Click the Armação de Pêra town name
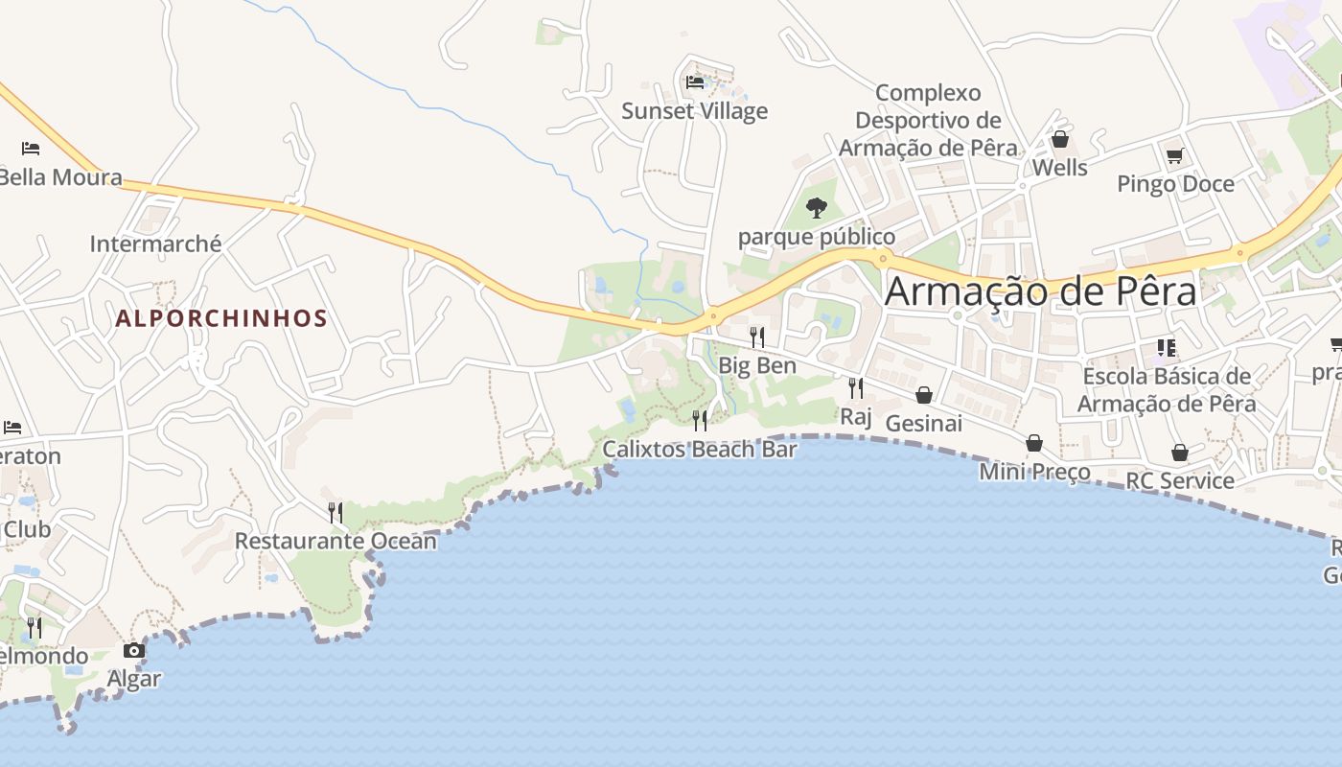(x=1040, y=291)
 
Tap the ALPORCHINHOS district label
(x=221, y=318)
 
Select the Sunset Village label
(x=695, y=111)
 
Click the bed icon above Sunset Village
(x=695, y=82)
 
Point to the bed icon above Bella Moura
(x=31, y=149)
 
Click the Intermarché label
(x=155, y=244)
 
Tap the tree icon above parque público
(x=817, y=207)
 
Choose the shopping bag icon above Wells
(x=1060, y=140)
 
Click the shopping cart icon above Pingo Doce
(x=1174, y=155)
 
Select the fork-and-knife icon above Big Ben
(x=757, y=337)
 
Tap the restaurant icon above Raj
(x=856, y=387)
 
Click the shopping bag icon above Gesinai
(x=924, y=395)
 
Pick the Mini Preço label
(x=1034, y=472)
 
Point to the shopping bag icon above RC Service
(x=1180, y=453)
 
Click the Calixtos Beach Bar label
(x=700, y=449)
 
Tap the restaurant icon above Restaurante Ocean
(x=335, y=512)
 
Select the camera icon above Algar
(x=134, y=651)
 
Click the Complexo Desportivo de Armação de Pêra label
(x=928, y=121)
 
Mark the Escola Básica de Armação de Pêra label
(x=1167, y=389)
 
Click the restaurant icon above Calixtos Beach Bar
(x=700, y=420)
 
